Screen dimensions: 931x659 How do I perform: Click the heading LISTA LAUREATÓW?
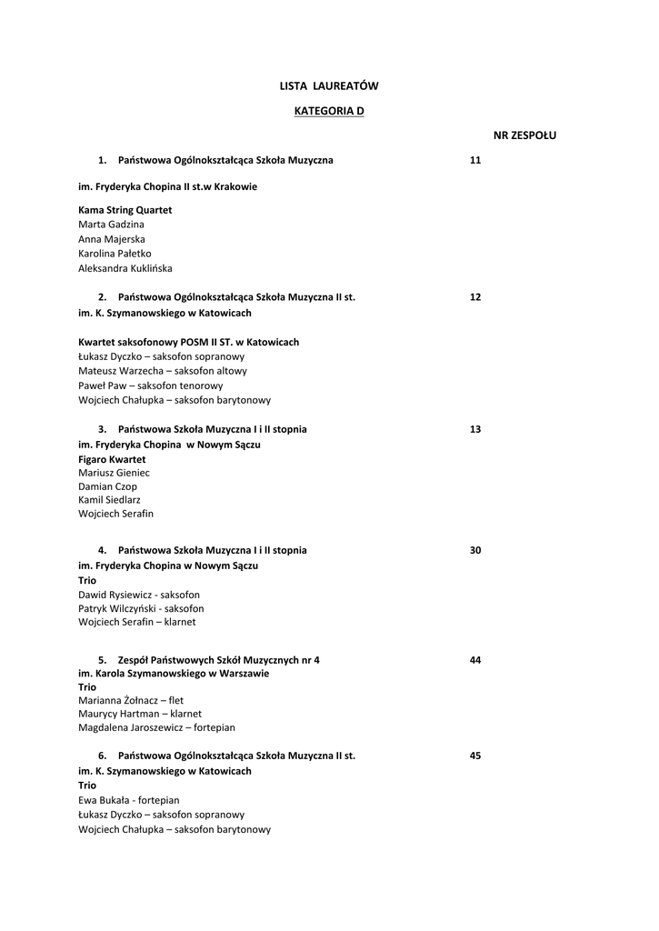point(329,86)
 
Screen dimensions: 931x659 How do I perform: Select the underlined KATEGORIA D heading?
point(329,111)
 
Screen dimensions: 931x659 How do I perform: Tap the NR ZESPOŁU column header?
point(524,135)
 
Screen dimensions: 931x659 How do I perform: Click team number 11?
point(475,161)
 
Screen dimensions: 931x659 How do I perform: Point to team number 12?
point(475,297)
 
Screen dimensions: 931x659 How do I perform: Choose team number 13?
point(475,429)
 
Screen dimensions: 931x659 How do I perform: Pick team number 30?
point(475,550)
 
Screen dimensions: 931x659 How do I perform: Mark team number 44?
point(475,660)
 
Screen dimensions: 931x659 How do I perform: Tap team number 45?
point(475,756)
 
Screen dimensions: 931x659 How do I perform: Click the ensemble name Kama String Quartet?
point(125,210)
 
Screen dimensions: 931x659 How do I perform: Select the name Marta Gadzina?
point(111,225)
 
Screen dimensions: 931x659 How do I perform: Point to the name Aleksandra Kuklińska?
point(125,268)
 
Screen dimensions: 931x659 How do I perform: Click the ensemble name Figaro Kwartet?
point(112,459)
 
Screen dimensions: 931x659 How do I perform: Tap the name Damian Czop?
point(107,486)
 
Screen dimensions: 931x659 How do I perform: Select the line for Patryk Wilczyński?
point(141,608)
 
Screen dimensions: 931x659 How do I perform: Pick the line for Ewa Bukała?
point(128,800)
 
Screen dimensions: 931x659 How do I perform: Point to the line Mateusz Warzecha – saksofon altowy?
point(163,371)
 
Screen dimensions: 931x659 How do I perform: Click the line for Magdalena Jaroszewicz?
point(156,727)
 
